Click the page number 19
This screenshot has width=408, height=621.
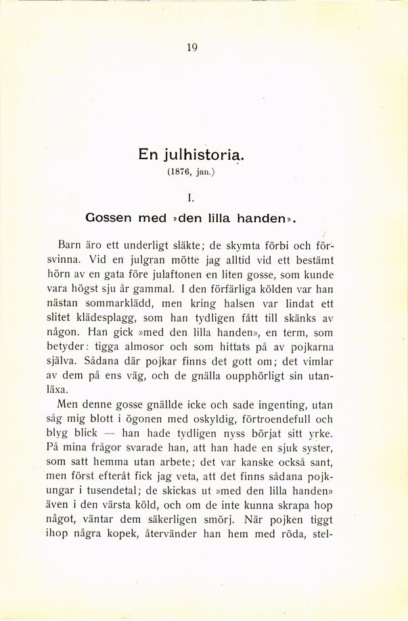pos(191,47)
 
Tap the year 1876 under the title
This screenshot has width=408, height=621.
pos(178,173)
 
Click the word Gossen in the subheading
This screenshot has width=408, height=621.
pos(112,219)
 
